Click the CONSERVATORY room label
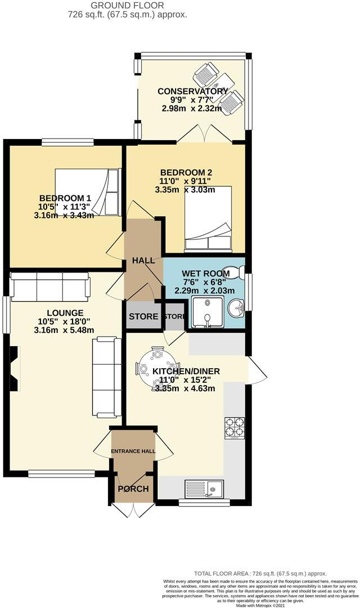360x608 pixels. [x=192, y=91]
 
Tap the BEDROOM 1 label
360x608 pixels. [x=65, y=198]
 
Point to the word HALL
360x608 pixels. [x=143, y=261]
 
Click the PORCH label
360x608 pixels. [x=133, y=489]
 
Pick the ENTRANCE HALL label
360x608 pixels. [x=133, y=451]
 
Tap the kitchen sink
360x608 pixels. [x=204, y=489]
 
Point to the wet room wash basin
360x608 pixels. [x=237, y=309]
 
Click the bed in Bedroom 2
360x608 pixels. [x=208, y=218]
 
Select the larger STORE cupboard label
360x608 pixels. [x=143, y=316]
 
